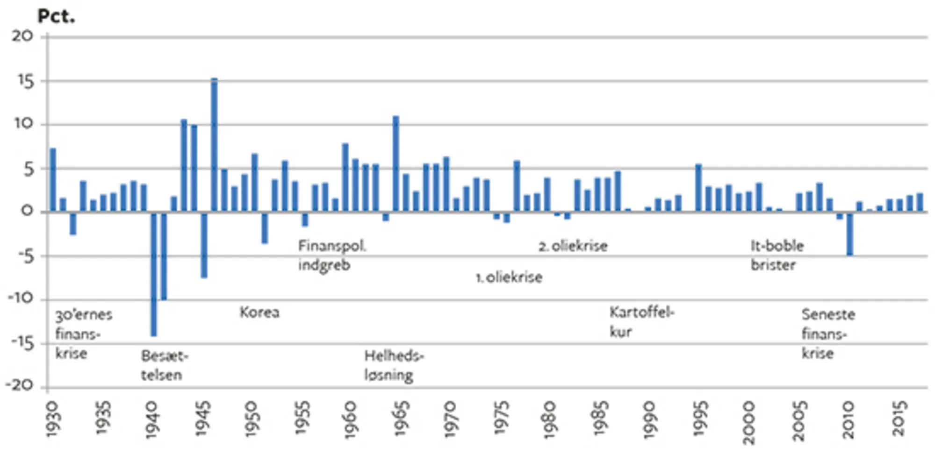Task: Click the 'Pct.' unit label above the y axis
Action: (56, 16)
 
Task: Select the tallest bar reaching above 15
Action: (214, 145)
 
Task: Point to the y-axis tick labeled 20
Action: (22, 36)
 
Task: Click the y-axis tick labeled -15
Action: (22, 344)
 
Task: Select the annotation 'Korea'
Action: (259, 312)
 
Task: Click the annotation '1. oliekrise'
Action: (509, 277)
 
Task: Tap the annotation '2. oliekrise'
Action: (573, 246)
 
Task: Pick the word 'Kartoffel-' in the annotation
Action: (642, 312)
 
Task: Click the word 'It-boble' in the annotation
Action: (777, 246)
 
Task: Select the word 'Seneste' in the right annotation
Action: (828, 314)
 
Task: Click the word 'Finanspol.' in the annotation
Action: (332, 246)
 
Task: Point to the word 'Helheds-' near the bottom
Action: (394, 356)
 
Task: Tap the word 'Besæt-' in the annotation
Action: (165, 356)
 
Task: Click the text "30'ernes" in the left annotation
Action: (84, 315)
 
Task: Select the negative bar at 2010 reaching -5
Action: (850, 234)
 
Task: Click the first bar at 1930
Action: (53, 180)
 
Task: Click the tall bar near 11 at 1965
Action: (396, 163)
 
